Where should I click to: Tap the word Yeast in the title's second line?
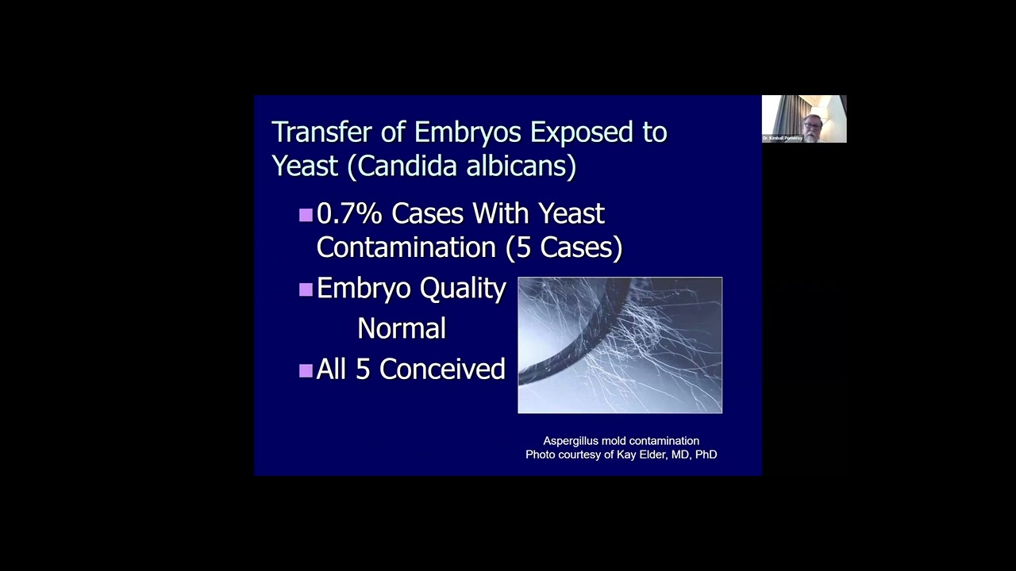(x=306, y=165)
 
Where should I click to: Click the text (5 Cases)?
(x=569, y=247)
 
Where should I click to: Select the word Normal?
(x=402, y=328)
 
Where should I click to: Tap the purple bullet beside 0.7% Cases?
(x=306, y=214)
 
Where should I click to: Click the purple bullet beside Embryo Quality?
(x=306, y=289)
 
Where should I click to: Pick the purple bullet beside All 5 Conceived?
(x=306, y=370)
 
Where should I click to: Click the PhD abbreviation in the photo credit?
(x=706, y=454)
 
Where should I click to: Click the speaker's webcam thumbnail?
(x=804, y=119)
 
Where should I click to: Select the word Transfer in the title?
(x=321, y=132)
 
